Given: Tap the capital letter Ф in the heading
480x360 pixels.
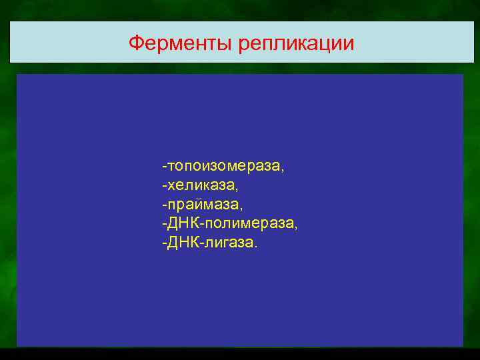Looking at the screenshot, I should pos(135,43).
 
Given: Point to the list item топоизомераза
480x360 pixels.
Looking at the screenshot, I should pos(224,165).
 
